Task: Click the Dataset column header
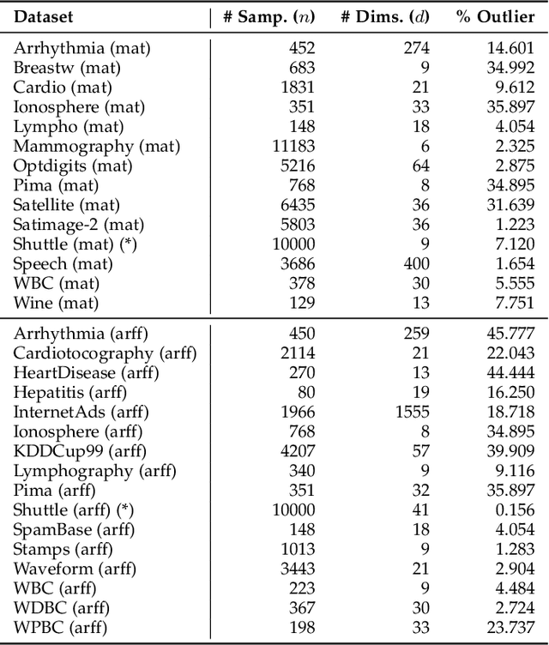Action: pyautogui.click(x=44, y=16)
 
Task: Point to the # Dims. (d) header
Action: pyautogui.click(x=386, y=16)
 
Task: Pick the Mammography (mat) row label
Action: pyautogui.click(x=96, y=147)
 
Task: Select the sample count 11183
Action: pyautogui.click(x=293, y=147)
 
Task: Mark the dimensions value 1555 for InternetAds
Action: pyautogui.click(x=413, y=412)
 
